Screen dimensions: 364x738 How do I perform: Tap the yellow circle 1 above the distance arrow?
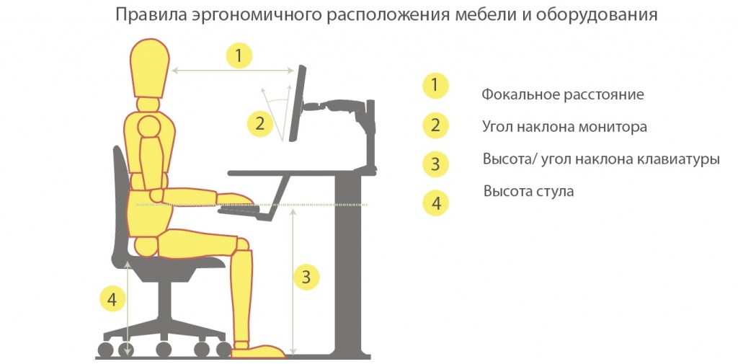pos(239,56)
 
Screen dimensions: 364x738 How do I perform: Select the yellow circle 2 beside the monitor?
pos(260,123)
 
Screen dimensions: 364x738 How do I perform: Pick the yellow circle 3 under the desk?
pos(306,276)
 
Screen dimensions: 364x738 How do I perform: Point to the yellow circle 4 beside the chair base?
pos(111,297)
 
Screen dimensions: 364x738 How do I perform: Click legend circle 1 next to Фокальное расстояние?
pos(435,86)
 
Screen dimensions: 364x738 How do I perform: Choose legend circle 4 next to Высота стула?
pos(435,203)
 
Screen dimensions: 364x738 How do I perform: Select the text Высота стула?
pos(528,192)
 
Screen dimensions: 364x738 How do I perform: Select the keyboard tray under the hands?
pos(249,211)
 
